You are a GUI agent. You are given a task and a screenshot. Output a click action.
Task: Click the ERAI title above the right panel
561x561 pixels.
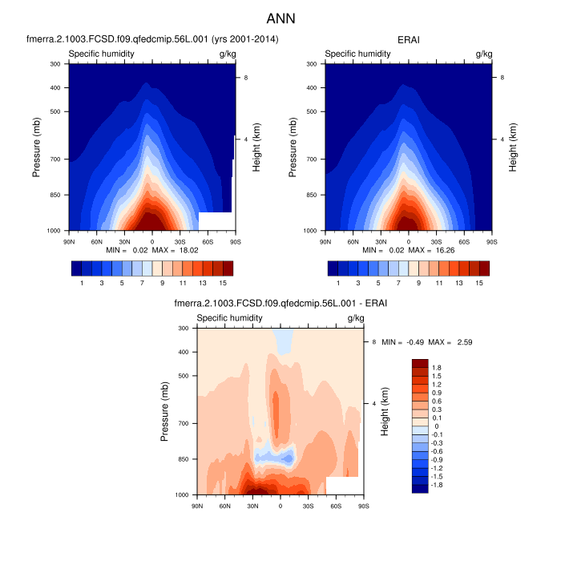coord(409,38)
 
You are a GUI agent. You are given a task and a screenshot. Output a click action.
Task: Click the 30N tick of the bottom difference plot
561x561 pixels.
coord(252,505)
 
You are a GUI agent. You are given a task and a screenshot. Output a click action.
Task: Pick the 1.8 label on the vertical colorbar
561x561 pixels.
coord(437,366)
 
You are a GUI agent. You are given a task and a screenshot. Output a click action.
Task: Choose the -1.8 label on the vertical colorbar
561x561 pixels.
coord(438,485)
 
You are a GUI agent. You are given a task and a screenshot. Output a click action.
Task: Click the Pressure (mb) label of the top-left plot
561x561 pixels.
coord(38,147)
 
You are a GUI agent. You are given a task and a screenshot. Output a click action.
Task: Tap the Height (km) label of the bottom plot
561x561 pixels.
coord(385,411)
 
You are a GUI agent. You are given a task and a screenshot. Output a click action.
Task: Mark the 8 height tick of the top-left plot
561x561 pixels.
coord(245,77)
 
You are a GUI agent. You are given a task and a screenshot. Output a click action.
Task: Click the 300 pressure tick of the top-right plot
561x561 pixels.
coord(313,63)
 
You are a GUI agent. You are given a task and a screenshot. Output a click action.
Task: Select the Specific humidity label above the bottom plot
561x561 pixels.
coord(229,318)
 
